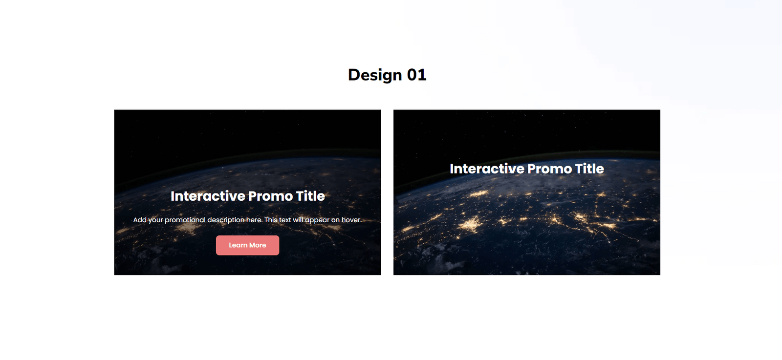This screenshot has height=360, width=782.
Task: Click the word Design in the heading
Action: (375, 75)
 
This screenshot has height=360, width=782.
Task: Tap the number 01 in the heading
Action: (416, 75)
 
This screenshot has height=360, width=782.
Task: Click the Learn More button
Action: (247, 245)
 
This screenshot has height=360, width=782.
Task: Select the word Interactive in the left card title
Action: (208, 196)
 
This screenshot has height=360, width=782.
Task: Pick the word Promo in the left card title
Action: (270, 196)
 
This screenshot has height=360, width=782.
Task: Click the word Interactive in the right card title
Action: (487, 169)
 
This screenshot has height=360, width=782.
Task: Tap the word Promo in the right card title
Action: (549, 169)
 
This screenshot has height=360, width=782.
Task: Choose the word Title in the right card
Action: (589, 169)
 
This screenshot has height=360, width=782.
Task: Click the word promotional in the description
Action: (185, 220)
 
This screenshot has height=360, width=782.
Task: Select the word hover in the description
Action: (351, 220)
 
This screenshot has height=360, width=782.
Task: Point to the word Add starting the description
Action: (140, 220)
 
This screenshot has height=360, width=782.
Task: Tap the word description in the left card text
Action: (226, 220)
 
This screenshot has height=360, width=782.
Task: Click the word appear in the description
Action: (317, 220)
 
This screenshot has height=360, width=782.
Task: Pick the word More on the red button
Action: (258, 245)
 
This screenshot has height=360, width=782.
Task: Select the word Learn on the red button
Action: (238, 245)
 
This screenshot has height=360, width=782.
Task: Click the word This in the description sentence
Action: (271, 220)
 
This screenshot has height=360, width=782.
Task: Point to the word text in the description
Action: (285, 220)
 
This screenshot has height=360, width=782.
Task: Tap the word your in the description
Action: (155, 220)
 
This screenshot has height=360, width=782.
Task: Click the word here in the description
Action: (254, 220)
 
